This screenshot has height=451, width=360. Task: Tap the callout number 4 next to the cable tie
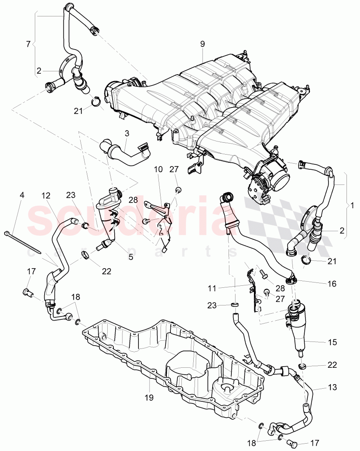[22, 195]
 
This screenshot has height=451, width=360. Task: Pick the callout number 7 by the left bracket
[28, 44]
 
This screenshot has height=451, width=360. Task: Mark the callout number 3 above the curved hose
[127, 133]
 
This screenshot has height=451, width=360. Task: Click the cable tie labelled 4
[23, 241]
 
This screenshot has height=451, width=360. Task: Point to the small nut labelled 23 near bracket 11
[235, 305]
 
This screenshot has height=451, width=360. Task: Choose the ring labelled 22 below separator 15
[303, 365]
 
